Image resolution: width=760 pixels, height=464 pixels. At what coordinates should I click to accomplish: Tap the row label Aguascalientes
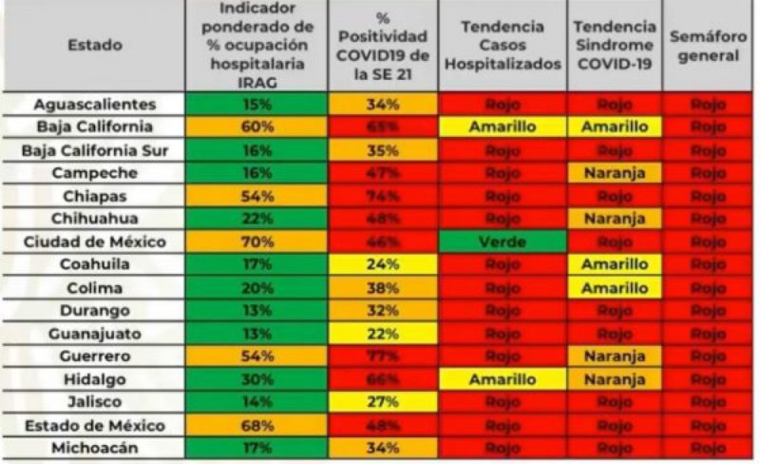(94, 105)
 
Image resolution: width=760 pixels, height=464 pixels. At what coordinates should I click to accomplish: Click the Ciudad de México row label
(94, 242)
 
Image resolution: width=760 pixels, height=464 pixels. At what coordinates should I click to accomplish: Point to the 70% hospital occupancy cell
(257, 242)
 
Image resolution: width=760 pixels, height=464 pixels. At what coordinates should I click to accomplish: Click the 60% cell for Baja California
(257, 127)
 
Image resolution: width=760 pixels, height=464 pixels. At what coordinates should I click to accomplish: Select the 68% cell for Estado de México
(257, 424)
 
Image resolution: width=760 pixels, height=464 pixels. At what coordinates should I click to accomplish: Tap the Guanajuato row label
(94, 333)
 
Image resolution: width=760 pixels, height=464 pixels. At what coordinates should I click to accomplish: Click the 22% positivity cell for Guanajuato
(383, 333)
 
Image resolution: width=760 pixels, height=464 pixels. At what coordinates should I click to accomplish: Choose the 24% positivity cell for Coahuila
(383, 264)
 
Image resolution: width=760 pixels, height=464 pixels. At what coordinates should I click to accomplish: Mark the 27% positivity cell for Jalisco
(383, 401)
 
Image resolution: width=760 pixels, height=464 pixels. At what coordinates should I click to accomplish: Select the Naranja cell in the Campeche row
(615, 173)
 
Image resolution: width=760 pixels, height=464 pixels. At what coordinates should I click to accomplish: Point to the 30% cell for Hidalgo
(257, 378)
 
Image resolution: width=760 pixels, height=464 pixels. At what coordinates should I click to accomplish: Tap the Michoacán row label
(94, 447)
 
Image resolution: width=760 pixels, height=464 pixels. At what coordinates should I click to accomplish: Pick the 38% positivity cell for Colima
(383, 287)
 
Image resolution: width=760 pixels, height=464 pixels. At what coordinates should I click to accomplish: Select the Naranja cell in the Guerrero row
(615, 356)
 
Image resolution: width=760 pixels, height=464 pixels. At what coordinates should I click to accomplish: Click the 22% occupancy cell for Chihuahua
(257, 219)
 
